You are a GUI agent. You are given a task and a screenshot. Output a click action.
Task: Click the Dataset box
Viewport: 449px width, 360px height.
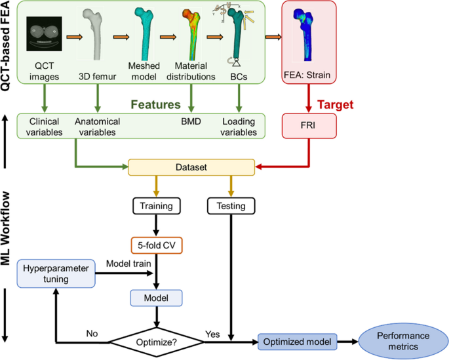[x=191, y=168]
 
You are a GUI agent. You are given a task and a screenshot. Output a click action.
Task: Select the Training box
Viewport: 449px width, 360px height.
[x=156, y=206]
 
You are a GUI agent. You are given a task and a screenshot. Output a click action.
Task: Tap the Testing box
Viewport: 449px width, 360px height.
[x=231, y=206]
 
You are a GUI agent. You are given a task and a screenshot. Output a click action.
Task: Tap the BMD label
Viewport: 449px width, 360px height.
[x=191, y=121]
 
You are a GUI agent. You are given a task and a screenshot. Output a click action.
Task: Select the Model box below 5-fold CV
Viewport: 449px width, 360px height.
[x=156, y=298]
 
